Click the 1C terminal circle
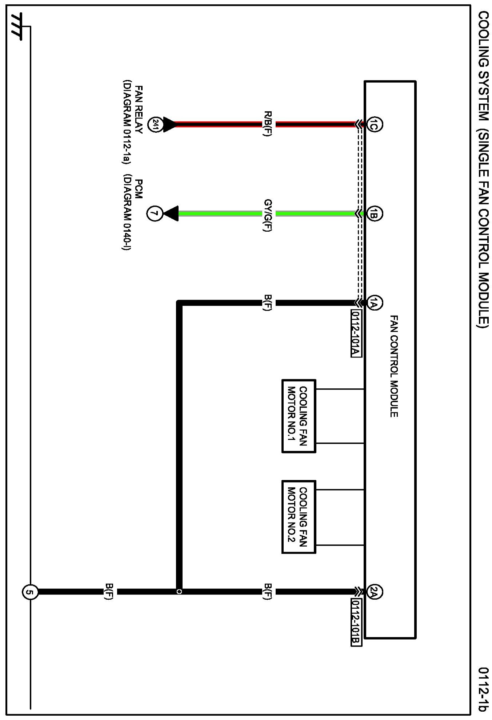[374, 124]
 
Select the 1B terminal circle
[374, 213]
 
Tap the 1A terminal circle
[374, 303]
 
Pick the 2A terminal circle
[374, 592]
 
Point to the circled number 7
[155, 213]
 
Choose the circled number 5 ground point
[30, 592]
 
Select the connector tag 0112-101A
[356, 333]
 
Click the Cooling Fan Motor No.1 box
[299, 416]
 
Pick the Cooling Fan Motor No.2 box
[299, 517]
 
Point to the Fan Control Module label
[394, 366]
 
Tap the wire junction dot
[179, 592]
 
